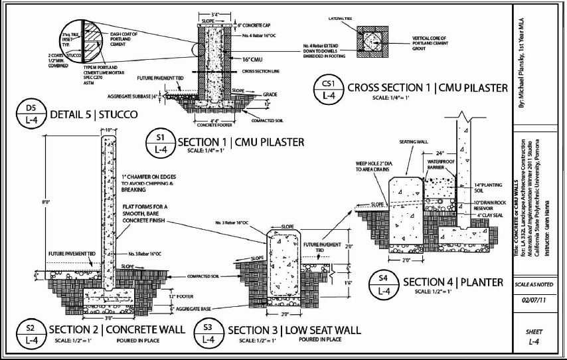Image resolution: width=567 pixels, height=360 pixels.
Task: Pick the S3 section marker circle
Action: coord(208,333)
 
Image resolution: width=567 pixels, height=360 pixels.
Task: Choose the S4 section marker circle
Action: coord(383,284)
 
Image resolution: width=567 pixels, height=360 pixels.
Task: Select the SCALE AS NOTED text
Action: coord(532,284)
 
